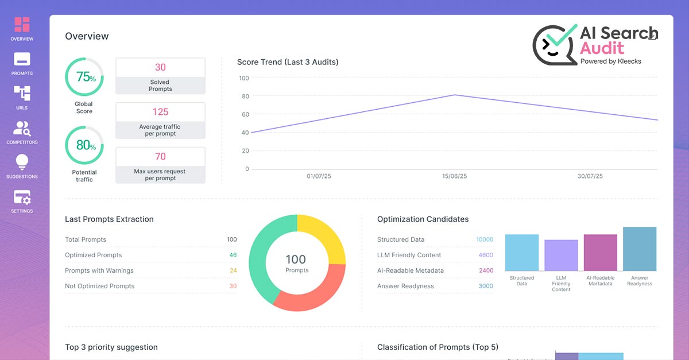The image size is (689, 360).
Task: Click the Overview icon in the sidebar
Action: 22,25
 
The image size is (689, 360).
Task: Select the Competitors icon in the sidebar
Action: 22,128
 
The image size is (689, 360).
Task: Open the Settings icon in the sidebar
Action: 22,197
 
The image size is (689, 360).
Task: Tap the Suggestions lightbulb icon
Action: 22,162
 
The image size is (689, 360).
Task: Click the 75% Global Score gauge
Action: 84,77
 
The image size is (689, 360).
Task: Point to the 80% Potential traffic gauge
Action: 84,145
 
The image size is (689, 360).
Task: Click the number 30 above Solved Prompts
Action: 160,67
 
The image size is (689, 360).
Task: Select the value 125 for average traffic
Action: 160,112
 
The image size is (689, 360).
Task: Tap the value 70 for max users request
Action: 160,157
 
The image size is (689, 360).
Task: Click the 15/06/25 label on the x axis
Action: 455,176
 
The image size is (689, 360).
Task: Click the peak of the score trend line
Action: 454,95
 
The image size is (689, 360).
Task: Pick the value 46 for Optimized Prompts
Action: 233,255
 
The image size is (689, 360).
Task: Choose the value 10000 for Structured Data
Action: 484,239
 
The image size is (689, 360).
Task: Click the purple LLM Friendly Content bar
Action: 561,256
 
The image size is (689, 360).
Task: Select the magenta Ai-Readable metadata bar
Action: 600,253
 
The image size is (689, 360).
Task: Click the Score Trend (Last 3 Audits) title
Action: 288,62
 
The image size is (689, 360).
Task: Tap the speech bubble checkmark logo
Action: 555,44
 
